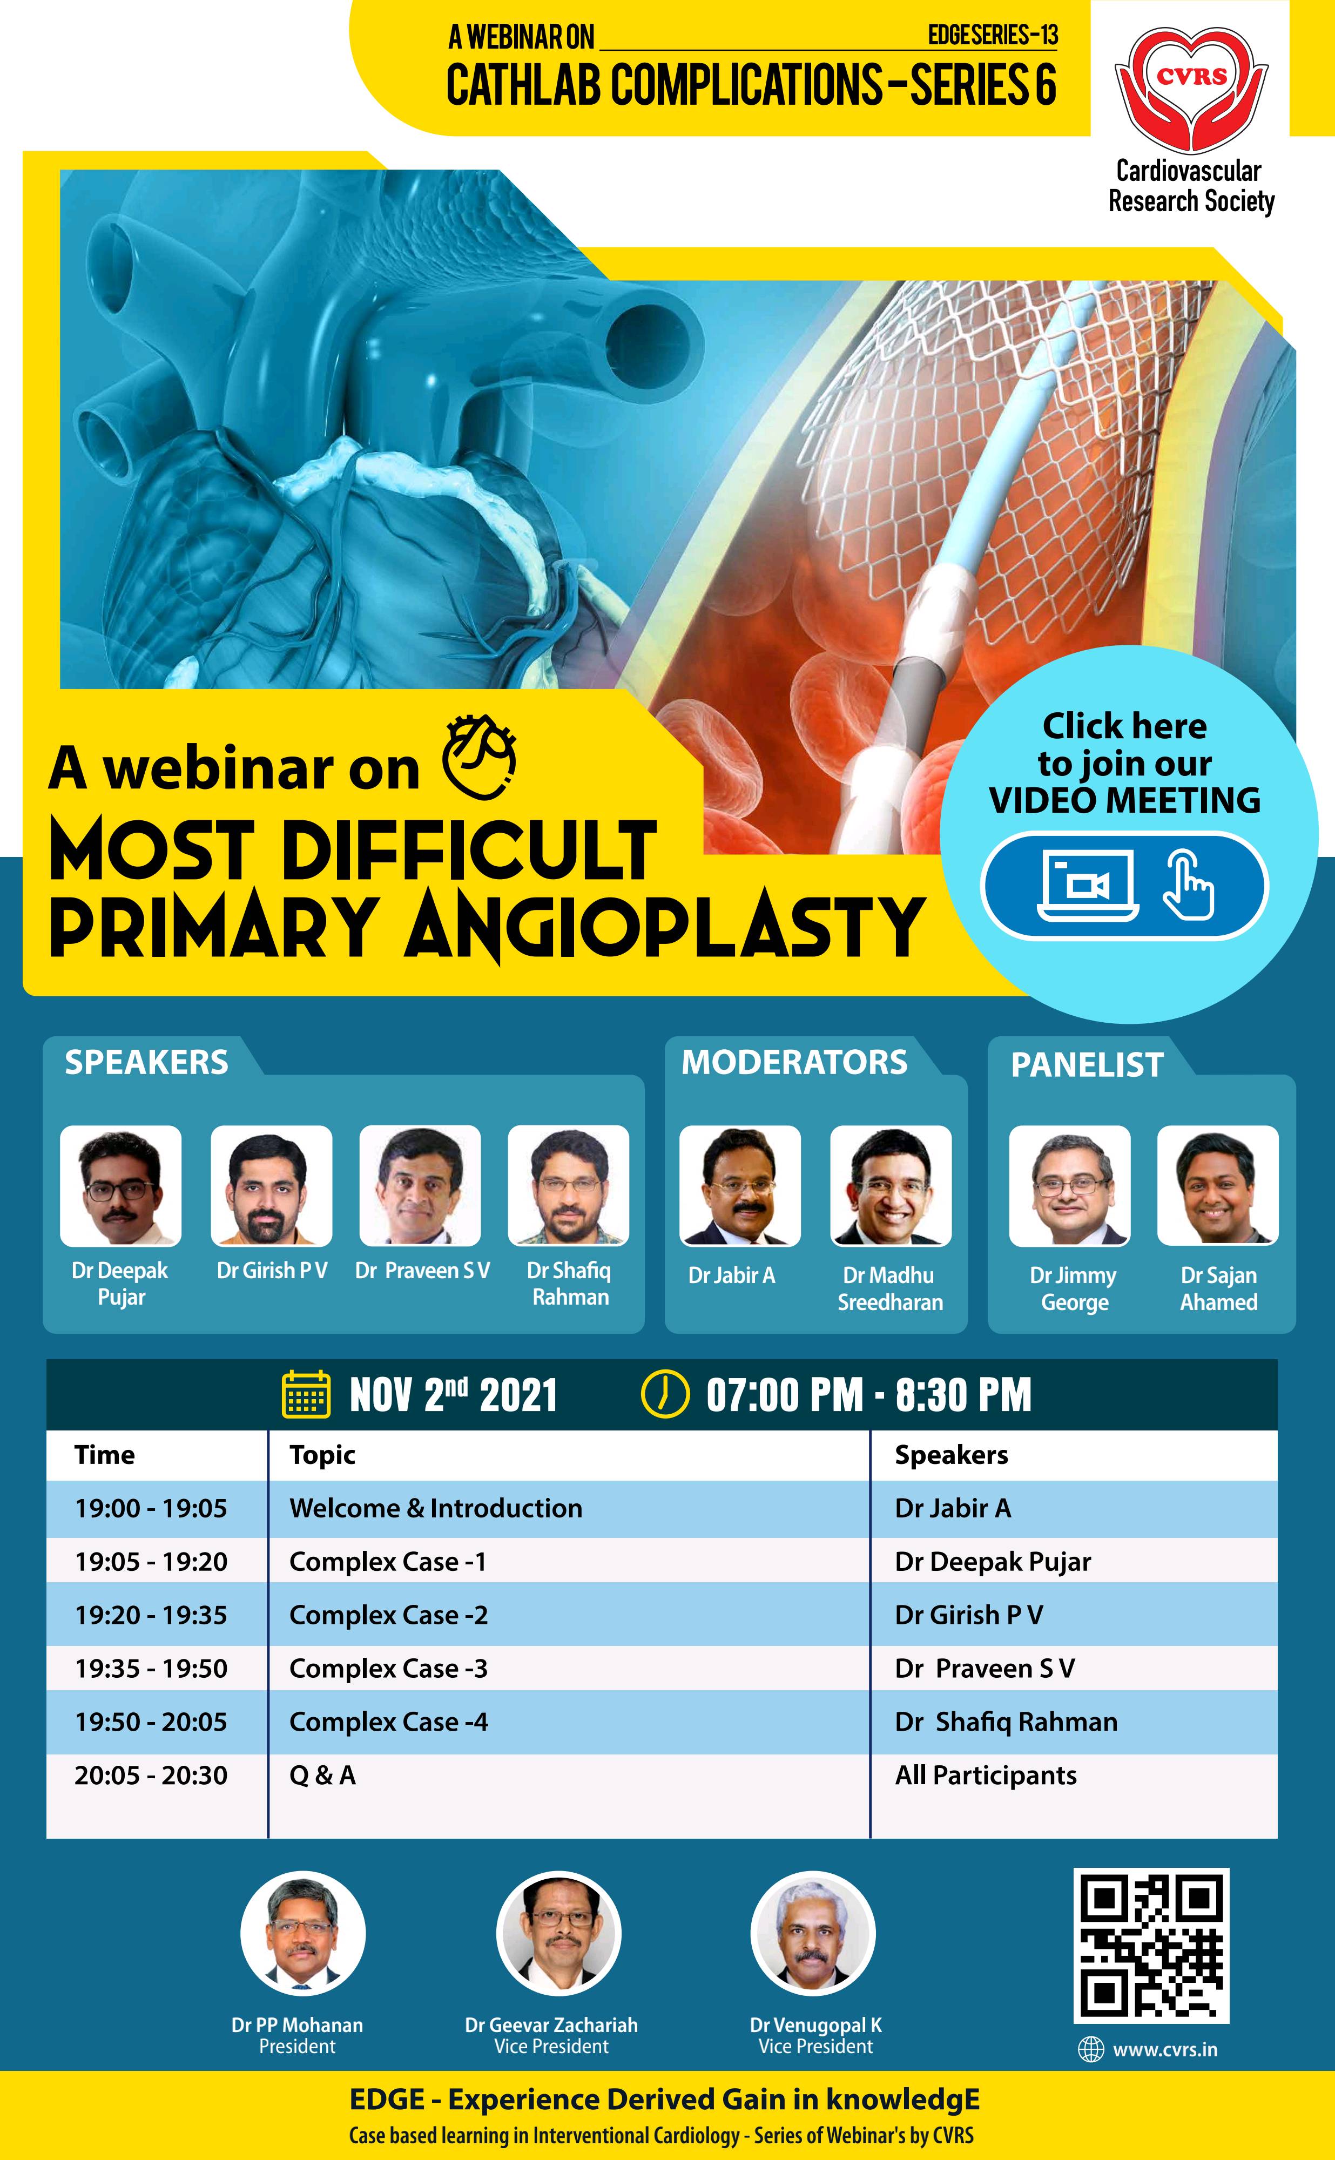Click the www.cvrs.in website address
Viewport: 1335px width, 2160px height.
(1164, 2050)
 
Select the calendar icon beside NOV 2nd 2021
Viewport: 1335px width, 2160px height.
(306, 1395)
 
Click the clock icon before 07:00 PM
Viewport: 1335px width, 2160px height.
(664, 1395)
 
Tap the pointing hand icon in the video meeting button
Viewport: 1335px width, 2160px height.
(1189, 886)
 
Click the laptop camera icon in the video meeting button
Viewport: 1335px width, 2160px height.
(1087, 886)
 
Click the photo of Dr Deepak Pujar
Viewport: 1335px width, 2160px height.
(121, 1185)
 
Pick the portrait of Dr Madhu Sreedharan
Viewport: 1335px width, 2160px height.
(891, 1185)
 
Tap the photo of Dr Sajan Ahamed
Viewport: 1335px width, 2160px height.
(1218, 1185)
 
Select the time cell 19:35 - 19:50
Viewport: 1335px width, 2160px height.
(151, 1668)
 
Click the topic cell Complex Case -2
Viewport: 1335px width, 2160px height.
(388, 1615)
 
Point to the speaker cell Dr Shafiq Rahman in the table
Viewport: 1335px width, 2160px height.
(1007, 1722)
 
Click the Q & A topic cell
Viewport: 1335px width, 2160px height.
(322, 1775)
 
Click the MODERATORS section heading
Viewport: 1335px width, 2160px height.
(794, 1062)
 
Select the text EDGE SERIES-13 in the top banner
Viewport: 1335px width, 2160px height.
(993, 35)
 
